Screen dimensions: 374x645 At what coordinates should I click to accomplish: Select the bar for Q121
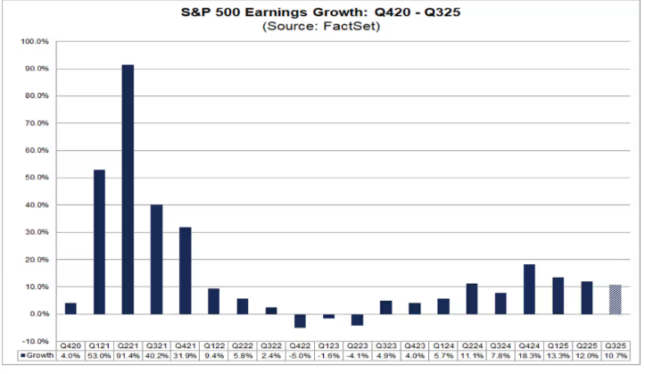(100, 242)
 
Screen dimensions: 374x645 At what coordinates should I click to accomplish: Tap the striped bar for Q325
(615, 299)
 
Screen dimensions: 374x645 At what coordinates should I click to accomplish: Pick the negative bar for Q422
(300, 320)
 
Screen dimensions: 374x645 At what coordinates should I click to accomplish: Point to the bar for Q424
(529, 289)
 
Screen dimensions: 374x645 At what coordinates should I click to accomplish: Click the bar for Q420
(71, 309)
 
